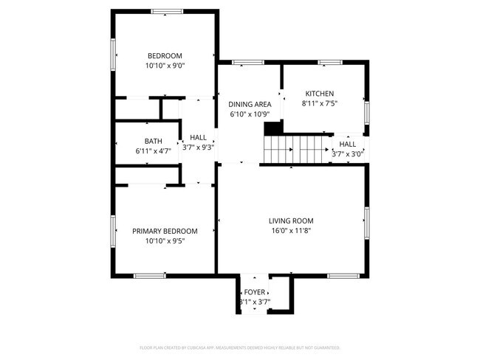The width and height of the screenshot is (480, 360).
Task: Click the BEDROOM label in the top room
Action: [165, 56]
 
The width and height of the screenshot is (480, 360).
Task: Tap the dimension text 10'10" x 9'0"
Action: [165, 66]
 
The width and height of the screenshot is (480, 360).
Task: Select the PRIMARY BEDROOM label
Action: [165, 231]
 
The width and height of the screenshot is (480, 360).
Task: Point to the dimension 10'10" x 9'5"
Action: [165, 240]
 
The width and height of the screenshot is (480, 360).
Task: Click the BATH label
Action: [153, 141]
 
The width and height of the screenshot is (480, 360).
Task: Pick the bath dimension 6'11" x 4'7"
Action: [153, 150]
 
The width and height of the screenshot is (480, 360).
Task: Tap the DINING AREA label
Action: [250, 105]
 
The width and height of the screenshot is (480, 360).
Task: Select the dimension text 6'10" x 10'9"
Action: [250, 114]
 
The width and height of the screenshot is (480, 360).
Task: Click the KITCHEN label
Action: [320, 94]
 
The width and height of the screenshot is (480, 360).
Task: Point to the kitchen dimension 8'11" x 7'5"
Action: [320, 103]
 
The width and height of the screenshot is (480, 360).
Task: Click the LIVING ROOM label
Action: [291, 221]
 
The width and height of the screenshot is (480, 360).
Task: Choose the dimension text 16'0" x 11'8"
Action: [291, 230]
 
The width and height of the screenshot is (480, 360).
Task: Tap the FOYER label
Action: [255, 292]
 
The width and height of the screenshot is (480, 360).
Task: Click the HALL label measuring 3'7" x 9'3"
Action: [198, 137]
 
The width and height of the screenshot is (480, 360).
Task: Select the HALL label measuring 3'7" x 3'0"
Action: [347, 144]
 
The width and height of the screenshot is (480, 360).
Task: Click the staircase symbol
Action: [298, 150]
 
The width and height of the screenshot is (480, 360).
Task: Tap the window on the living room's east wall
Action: [366, 223]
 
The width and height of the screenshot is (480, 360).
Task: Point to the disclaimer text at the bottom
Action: [240, 347]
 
